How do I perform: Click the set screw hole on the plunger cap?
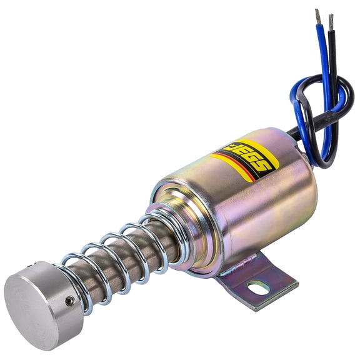click(70, 301)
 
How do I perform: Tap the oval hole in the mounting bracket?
click(259, 288)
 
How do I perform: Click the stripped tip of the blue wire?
click(317, 17)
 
